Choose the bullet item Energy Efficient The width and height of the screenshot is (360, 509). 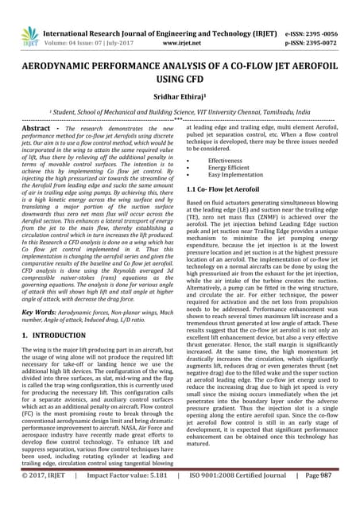click(x=231, y=167)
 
